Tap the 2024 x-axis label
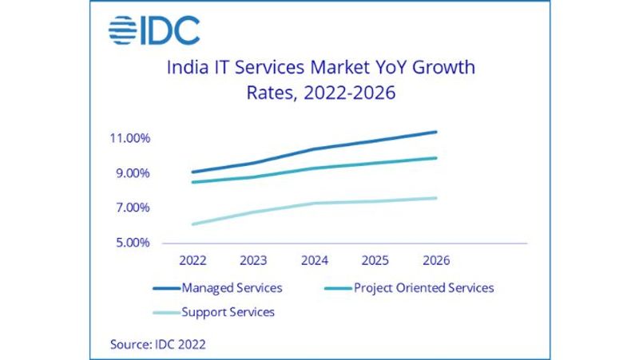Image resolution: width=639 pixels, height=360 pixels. (x=314, y=261)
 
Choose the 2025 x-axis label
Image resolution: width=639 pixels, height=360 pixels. (x=375, y=261)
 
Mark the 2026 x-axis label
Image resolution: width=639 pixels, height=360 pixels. (x=436, y=261)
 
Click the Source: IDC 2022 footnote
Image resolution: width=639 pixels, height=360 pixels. (x=158, y=344)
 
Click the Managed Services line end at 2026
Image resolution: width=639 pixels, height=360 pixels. (x=436, y=132)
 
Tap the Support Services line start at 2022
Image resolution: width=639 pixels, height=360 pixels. (x=192, y=224)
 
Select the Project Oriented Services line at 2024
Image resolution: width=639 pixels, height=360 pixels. (x=314, y=168)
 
